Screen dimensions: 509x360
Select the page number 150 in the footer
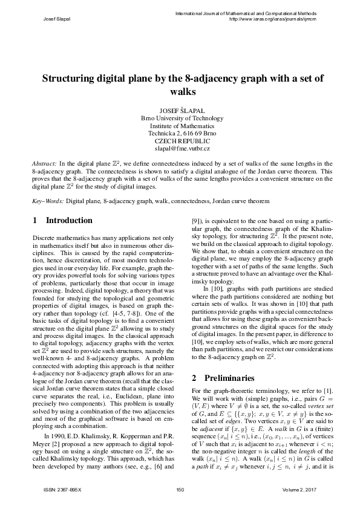(x=180, y=488)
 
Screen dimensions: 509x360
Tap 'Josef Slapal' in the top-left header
(x=57, y=19)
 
